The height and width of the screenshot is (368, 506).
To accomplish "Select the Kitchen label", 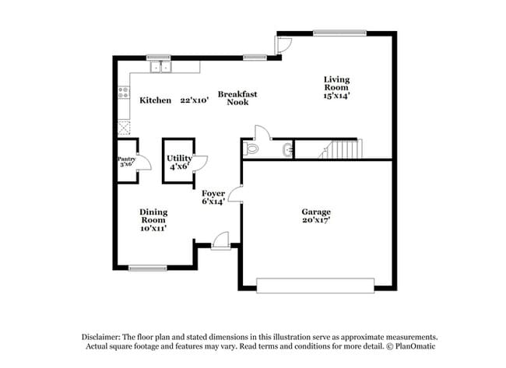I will click(x=155, y=100).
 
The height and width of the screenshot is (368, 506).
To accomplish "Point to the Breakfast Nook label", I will click(x=237, y=98).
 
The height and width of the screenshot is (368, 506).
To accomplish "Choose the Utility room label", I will click(x=179, y=158).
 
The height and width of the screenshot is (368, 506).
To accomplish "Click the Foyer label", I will click(x=213, y=193).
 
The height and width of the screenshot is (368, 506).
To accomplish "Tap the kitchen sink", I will click(x=162, y=68).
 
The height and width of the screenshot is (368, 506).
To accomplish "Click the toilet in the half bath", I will click(x=251, y=147).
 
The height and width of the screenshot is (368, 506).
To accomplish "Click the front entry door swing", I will click(x=221, y=240).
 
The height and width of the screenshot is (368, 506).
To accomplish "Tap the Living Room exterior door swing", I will click(x=284, y=44).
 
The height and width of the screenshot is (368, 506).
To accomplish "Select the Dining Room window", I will click(x=148, y=268).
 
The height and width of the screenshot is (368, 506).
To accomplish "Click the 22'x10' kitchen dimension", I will click(x=193, y=100).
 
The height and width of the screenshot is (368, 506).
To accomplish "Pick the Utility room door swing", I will click(x=200, y=163).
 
